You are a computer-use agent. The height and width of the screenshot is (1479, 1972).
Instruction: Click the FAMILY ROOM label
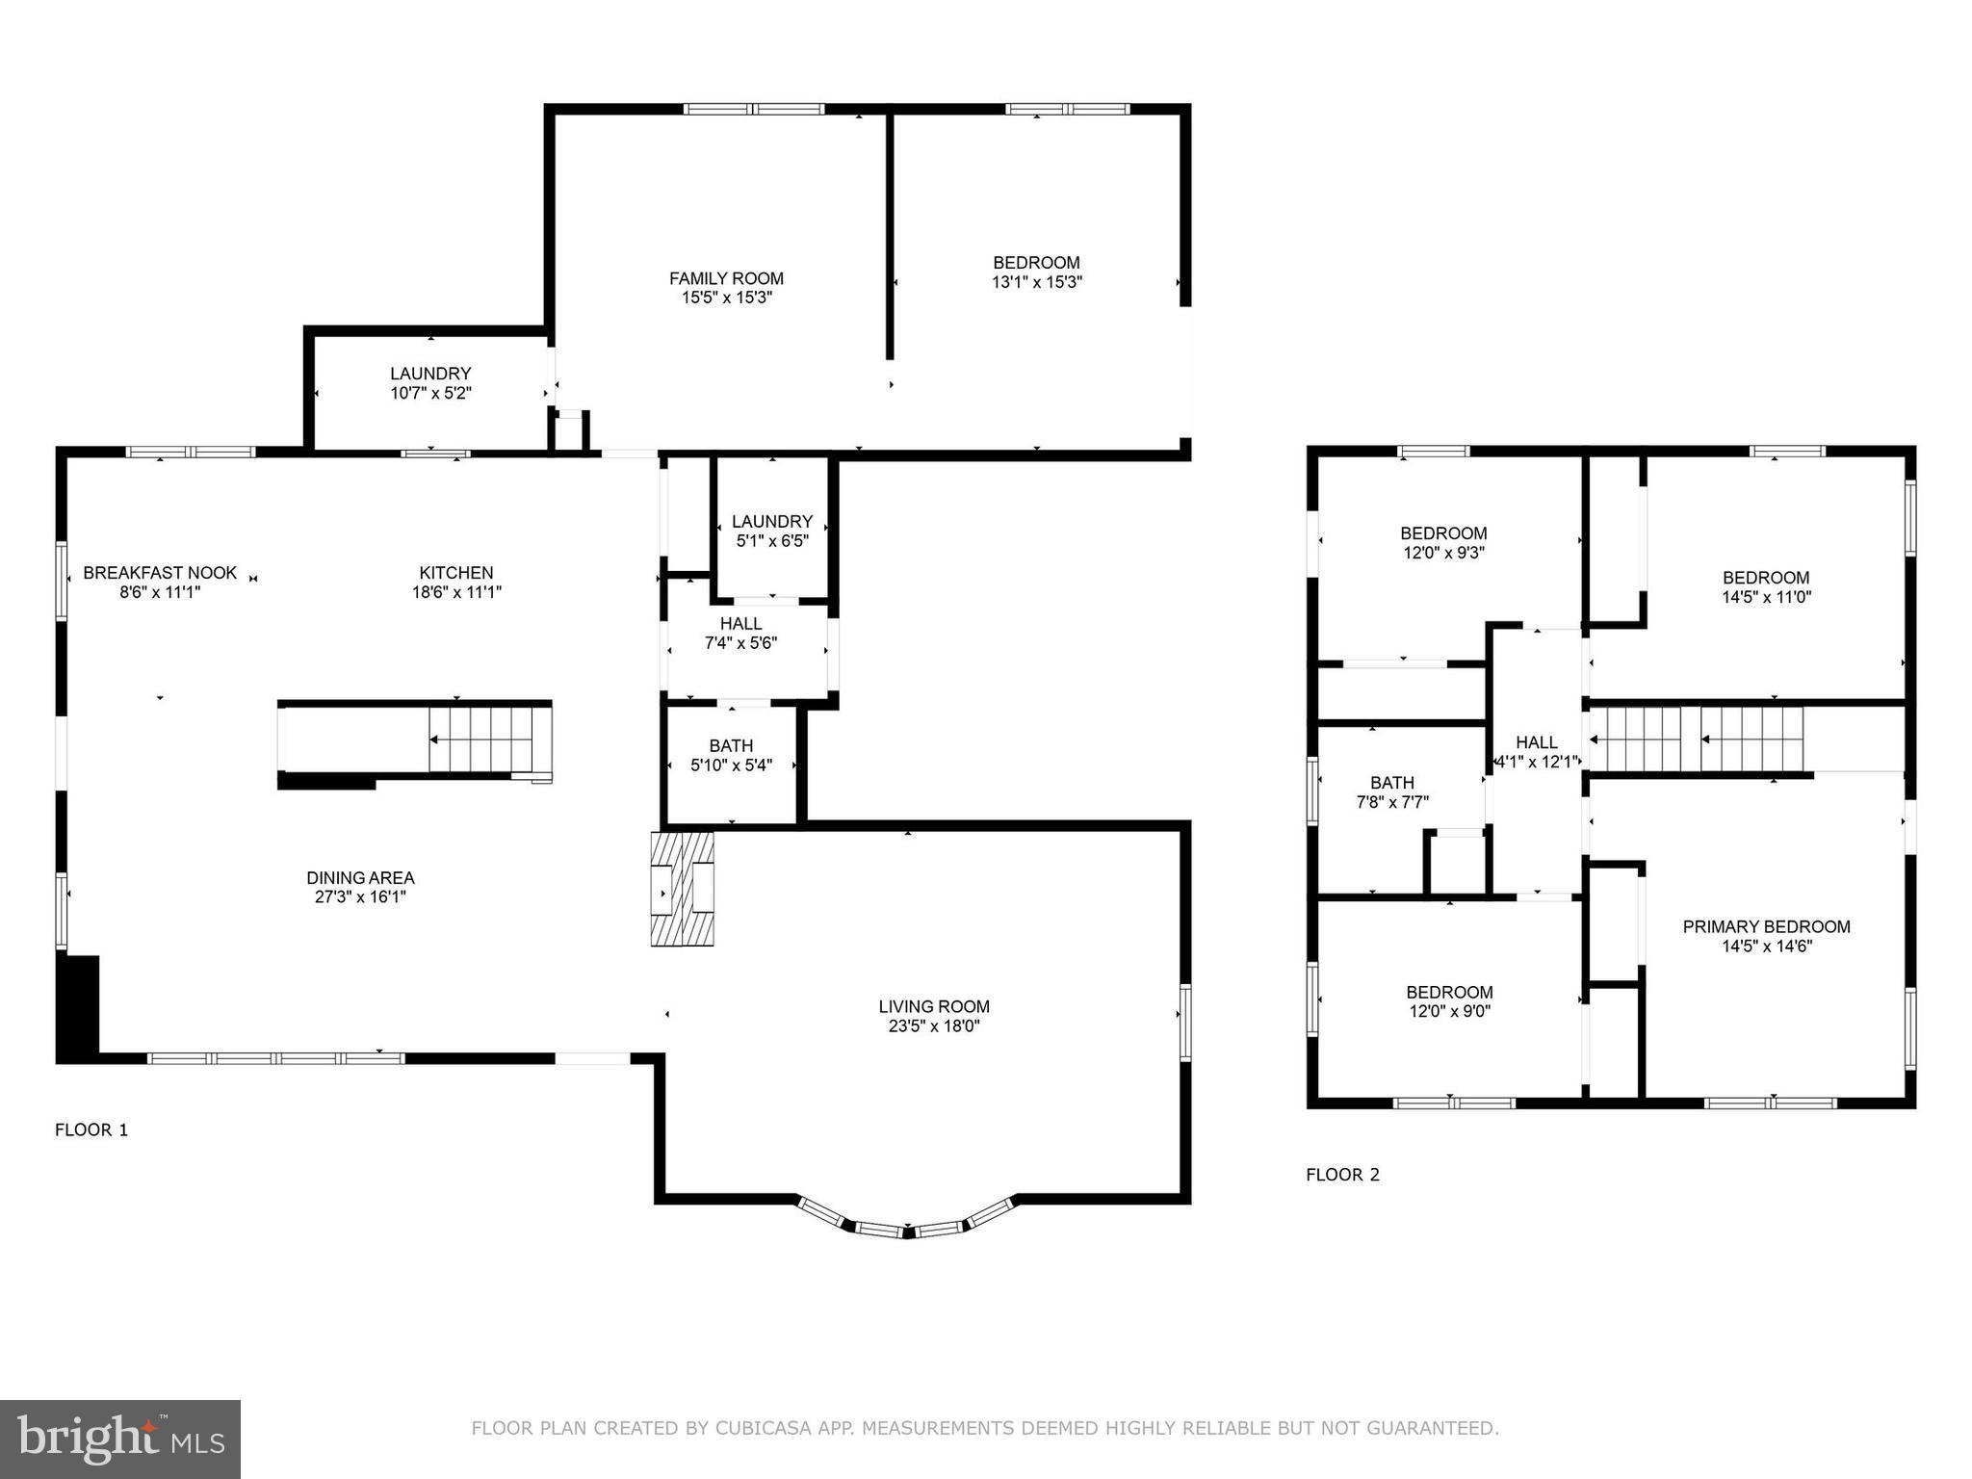(x=726, y=278)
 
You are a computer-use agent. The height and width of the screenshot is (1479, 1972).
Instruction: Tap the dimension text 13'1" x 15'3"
(x=1037, y=282)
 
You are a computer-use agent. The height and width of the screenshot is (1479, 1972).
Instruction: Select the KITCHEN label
(x=456, y=573)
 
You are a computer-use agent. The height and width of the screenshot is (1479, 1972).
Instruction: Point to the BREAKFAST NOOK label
(x=160, y=573)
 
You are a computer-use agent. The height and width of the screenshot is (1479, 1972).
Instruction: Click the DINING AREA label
(x=361, y=877)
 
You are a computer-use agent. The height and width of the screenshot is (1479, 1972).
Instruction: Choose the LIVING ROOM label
(x=934, y=1006)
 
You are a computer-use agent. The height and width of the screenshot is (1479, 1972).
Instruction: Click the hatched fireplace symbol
(x=683, y=889)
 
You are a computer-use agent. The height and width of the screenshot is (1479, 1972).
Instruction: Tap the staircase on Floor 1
(x=480, y=739)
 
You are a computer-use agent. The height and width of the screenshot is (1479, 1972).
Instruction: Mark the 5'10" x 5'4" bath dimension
(x=732, y=765)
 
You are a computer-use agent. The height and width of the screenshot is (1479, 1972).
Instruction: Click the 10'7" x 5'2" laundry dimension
(x=430, y=393)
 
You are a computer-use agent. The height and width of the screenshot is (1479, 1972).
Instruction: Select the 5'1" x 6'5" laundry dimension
(x=772, y=540)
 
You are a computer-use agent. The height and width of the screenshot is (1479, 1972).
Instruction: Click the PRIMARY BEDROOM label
(x=1767, y=926)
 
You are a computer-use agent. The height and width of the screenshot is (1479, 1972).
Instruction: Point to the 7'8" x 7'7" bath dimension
(x=1392, y=802)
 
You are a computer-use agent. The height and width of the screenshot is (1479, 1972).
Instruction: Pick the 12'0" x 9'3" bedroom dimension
(x=1443, y=553)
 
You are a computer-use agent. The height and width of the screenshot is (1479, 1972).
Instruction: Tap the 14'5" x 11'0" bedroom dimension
(x=1767, y=596)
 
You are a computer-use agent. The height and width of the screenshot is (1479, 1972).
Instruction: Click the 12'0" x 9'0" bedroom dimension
(x=1449, y=1011)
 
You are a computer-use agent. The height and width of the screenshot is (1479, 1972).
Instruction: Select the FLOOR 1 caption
(x=91, y=1129)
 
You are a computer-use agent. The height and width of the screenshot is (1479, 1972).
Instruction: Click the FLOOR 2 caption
(x=1343, y=1174)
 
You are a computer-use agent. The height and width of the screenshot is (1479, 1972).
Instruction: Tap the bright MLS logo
(x=120, y=1440)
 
